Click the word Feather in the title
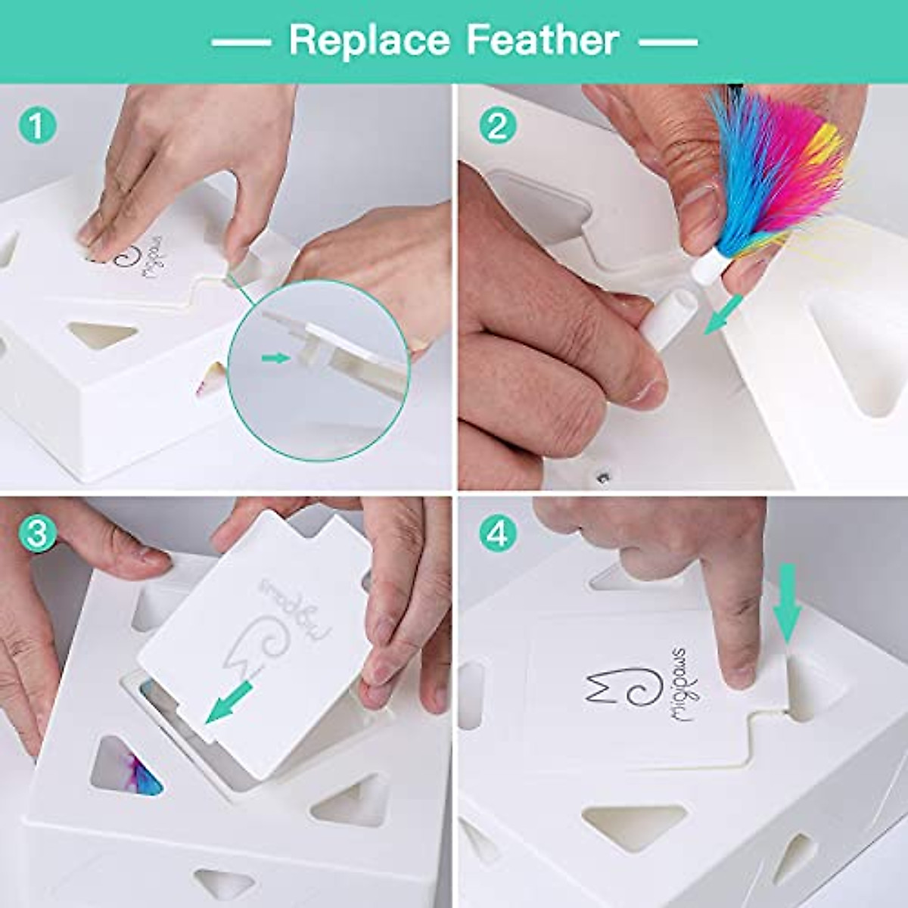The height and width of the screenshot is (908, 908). pos(543,40)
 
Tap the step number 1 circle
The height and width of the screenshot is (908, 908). pos(37,126)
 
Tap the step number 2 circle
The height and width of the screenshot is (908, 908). pos(497,126)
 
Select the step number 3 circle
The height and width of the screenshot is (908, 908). pos(37,533)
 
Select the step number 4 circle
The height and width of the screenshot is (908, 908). pos(497,533)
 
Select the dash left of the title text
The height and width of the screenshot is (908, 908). pos(240,42)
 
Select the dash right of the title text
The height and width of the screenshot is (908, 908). pos(670,42)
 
